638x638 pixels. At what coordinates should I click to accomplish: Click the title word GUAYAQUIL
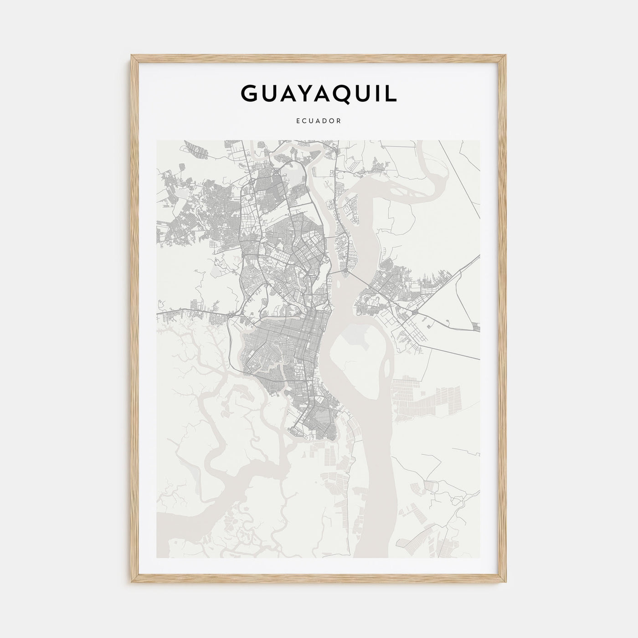[x=319, y=93]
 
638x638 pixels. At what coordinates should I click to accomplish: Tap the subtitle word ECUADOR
[x=319, y=121]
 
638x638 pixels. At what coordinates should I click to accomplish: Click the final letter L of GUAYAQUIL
[x=391, y=93]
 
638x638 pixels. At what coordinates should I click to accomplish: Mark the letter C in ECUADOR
[x=304, y=121]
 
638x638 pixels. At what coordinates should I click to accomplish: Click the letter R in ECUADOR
[x=339, y=121]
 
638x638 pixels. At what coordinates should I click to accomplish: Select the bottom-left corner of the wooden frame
[x=133, y=582]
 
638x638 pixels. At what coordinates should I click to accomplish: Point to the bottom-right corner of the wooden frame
[x=505, y=582]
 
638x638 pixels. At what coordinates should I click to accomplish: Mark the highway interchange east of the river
[x=416, y=313]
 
